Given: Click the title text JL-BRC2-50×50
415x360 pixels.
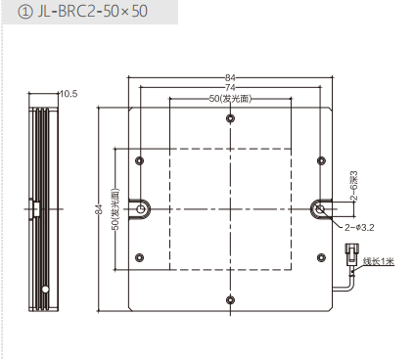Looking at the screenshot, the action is coord(92,12).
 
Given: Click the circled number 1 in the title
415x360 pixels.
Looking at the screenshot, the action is coord(25,12).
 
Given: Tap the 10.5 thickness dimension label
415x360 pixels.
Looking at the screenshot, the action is coord(69,94).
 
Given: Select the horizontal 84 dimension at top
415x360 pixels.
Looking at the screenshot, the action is coord(230,77).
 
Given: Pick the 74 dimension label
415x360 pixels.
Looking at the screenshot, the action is coord(230,87).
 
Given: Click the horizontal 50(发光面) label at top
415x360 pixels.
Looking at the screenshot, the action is coord(230,99).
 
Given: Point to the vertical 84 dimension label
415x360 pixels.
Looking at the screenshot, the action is coord(99,209).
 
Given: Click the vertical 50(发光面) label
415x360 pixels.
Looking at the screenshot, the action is coord(115,209).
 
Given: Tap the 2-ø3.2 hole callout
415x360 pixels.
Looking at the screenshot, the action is coord(359,227).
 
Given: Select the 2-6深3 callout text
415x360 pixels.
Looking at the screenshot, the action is coord(354,185).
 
